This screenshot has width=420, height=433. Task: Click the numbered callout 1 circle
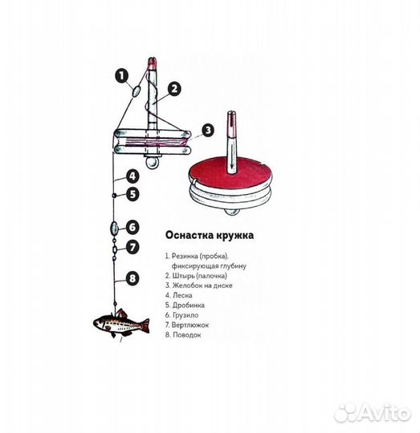pyautogui.click(x=122, y=75)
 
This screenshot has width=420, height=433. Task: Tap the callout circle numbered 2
pyautogui.click(x=174, y=89)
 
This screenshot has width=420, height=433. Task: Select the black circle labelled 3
pyautogui.click(x=208, y=130)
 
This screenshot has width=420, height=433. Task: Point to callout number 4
pyautogui.click(x=133, y=176)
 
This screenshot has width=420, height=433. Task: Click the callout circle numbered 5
pyautogui.click(x=133, y=194)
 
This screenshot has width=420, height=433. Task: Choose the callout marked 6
pyautogui.click(x=133, y=227)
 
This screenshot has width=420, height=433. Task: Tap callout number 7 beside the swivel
pyautogui.click(x=133, y=247)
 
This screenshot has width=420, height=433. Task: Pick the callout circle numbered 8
pyautogui.click(x=133, y=278)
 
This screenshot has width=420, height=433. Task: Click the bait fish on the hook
pyautogui.click(x=121, y=323)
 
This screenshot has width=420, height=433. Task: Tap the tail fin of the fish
pyautogui.click(x=145, y=326)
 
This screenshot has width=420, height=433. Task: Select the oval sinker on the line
pyautogui.click(x=114, y=229)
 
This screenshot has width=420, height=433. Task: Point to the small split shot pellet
pyautogui.click(x=114, y=196)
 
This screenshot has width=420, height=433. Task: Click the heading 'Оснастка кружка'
pyautogui.click(x=210, y=235)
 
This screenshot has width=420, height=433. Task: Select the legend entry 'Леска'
pyautogui.click(x=179, y=295)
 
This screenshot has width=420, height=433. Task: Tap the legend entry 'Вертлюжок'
pyautogui.click(x=187, y=325)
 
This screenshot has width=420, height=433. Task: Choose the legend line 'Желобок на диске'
pyautogui.click(x=199, y=285)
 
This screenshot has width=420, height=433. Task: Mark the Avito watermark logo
pyautogui.click(x=372, y=413)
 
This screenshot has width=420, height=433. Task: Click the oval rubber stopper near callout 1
pyautogui.click(x=137, y=91)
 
